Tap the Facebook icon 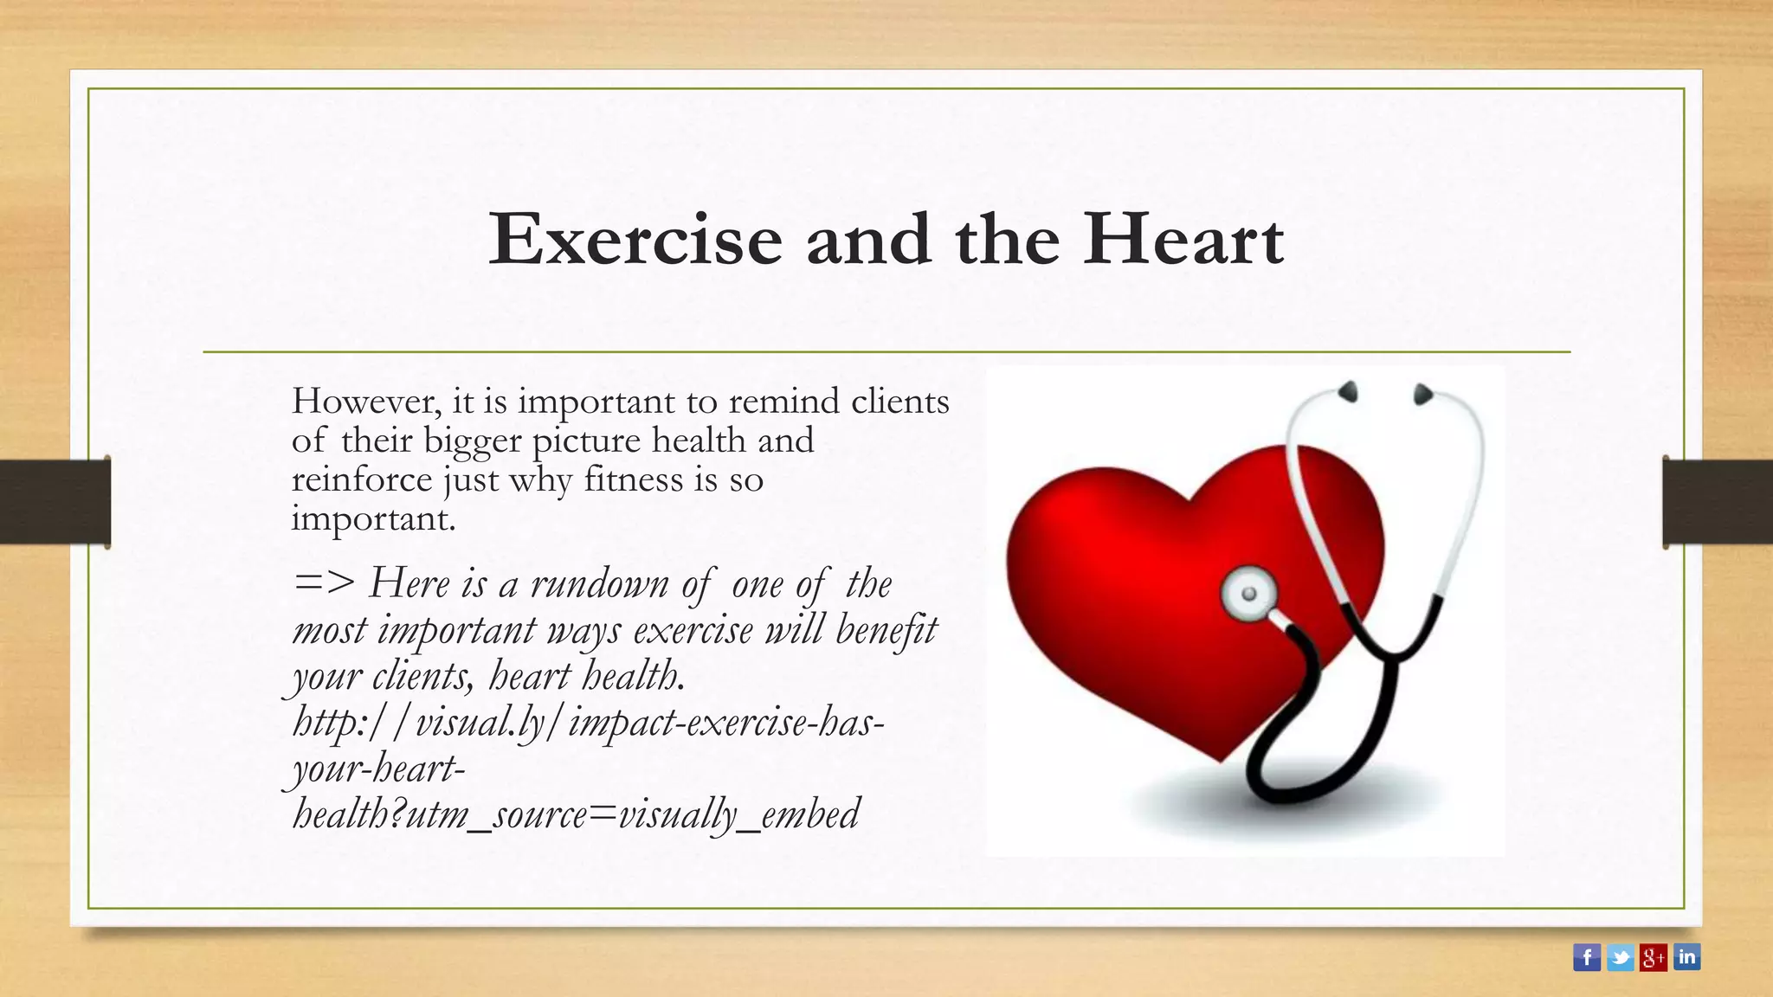point(1586,957)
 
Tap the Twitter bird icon point(1620,957)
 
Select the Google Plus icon point(1653,957)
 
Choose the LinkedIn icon point(1686,957)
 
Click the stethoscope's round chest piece point(1248,594)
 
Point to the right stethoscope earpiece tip point(1422,395)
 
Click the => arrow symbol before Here point(324,582)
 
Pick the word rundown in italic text point(599,584)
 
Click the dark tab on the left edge point(55,502)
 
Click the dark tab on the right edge point(1717,502)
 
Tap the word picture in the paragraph point(586,441)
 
